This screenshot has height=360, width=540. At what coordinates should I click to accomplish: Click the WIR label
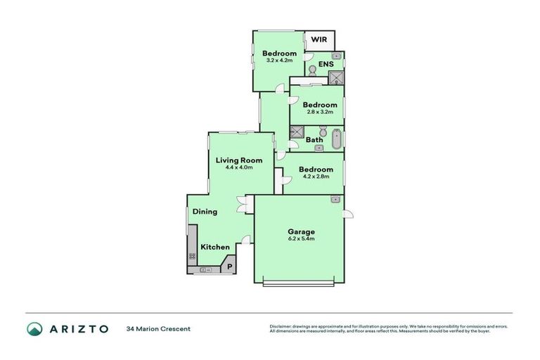319,41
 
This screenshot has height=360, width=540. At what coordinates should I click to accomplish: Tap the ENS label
326,65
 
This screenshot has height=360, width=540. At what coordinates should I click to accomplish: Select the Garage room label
301,231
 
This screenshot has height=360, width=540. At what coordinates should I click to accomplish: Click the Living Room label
238,160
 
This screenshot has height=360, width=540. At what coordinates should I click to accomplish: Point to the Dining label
205,211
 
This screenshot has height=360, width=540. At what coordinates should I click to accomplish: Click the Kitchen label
215,247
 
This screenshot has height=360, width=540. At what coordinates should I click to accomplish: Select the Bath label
314,139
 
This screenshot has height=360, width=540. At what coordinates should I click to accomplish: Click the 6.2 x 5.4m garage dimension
301,239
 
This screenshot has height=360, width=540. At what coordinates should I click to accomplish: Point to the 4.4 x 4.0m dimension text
238,167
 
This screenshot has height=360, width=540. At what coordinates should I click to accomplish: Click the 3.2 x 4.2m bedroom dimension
279,60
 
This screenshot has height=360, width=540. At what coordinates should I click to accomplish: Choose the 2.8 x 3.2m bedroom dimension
320,112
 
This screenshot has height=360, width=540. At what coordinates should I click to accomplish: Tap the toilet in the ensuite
311,70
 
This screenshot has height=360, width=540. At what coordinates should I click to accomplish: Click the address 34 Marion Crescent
158,328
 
